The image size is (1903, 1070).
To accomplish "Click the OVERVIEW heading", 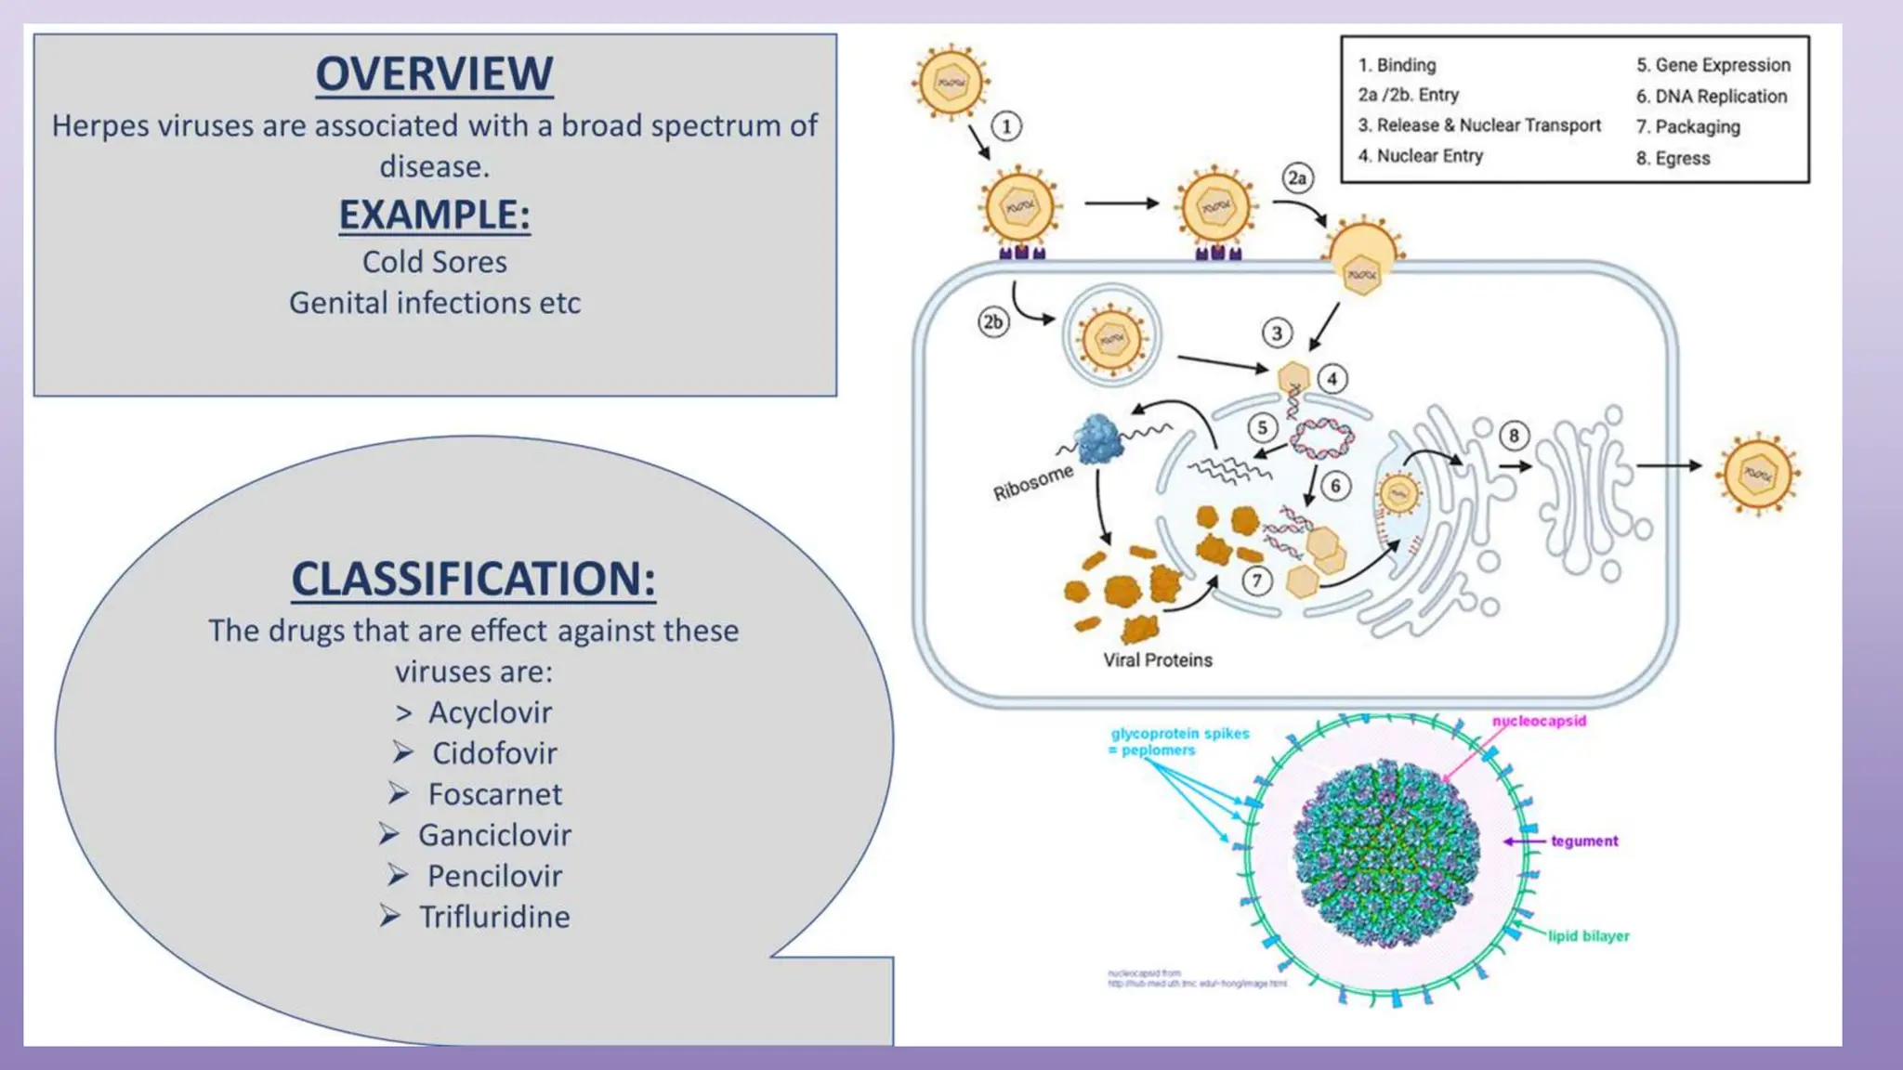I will point(434,74).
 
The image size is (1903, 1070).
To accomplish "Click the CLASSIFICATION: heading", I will point(473,579).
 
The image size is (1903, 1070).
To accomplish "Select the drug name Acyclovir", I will point(490,712).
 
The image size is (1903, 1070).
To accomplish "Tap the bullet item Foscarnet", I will point(494,794).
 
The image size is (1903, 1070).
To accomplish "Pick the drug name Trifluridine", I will point(494,917).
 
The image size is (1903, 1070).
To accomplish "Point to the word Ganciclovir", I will point(494,835).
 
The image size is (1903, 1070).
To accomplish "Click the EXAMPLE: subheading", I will point(434,215).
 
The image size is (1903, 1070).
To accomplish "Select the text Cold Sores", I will point(434,262).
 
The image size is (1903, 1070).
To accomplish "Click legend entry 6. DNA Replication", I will point(1711,97).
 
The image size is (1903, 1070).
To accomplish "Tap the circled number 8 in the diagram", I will point(1514,436).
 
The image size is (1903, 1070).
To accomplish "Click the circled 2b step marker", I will point(993,322).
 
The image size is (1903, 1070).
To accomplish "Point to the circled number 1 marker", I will point(1005,126).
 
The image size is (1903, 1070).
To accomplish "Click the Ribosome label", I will point(1032,483).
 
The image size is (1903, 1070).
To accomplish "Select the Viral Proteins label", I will point(1158,660).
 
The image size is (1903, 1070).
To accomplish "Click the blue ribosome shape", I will point(1100,439).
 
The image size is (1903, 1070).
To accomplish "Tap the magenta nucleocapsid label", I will point(1539,721).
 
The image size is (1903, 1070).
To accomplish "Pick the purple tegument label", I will point(1584,842).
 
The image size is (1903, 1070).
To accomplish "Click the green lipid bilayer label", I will point(1588,936).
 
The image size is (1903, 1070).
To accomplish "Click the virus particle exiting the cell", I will point(1757,474).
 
